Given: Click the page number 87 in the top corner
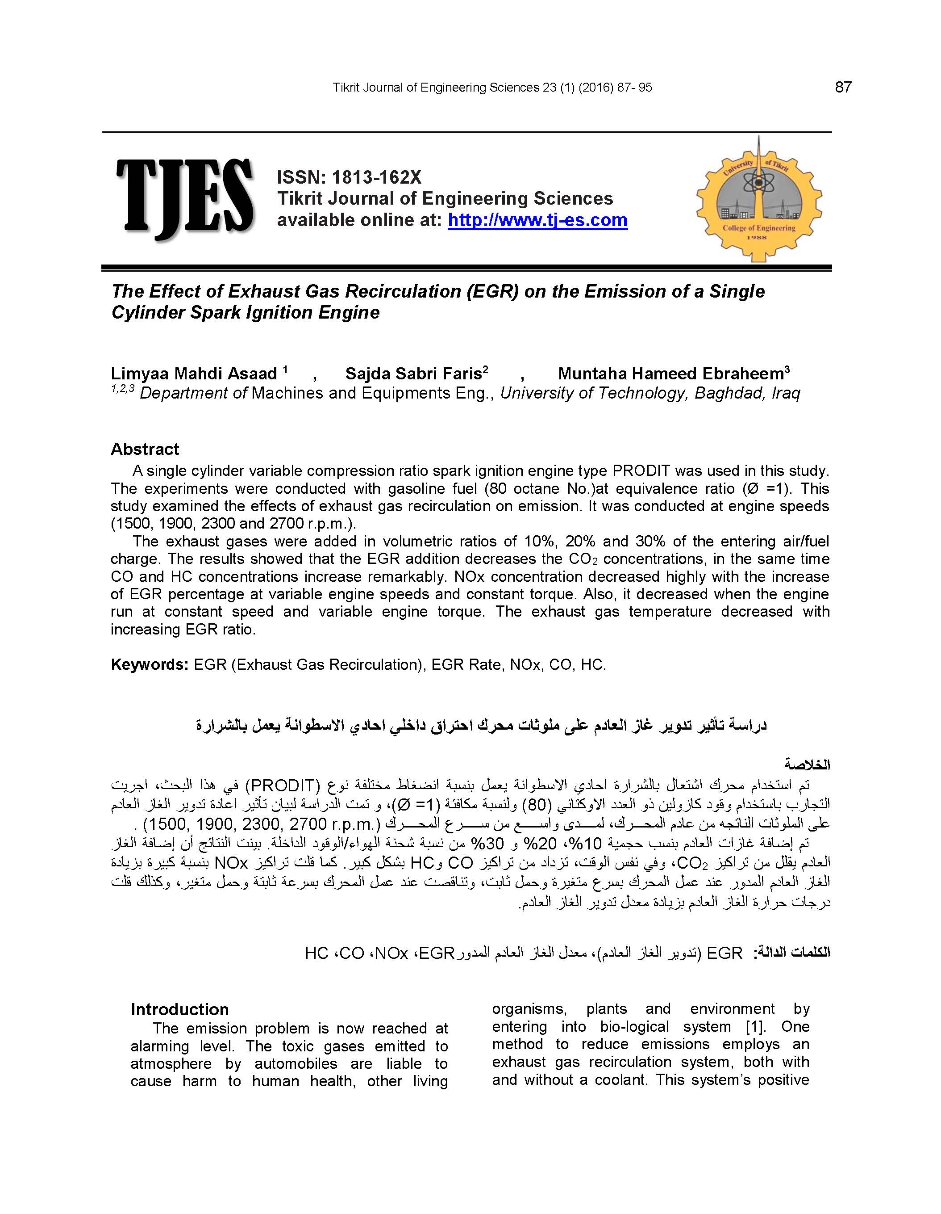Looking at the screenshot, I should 843,87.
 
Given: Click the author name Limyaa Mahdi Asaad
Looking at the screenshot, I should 193,374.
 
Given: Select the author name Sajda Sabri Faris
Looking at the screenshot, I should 413,374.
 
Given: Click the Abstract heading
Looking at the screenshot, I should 145,449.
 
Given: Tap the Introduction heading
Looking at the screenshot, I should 179,1009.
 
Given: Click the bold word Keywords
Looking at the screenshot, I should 150,664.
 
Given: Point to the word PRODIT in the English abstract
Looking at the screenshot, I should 641,471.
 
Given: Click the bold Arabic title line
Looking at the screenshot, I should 481,725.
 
